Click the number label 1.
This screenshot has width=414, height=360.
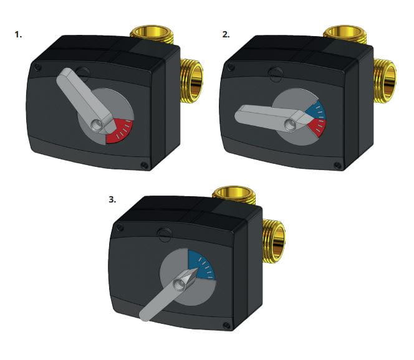click(x=18, y=34)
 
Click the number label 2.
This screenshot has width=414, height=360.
click(x=226, y=34)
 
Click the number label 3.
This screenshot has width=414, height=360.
click(x=112, y=200)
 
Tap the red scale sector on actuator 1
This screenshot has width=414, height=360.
click(x=122, y=130)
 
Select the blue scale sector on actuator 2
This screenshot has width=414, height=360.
click(x=317, y=111)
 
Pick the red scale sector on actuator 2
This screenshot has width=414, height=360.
click(x=317, y=127)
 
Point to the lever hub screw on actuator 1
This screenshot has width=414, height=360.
click(x=95, y=126)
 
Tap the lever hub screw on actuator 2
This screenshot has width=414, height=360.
click(x=290, y=123)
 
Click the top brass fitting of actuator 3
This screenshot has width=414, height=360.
click(x=234, y=195)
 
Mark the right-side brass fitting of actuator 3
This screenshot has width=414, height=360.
click(x=274, y=240)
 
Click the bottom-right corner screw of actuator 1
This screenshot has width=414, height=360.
click(x=144, y=165)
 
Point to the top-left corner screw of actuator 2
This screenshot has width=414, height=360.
click(x=231, y=67)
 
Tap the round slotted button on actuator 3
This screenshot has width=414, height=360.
click(x=164, y=234)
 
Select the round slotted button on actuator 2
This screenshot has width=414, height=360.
click(x=276, y=73)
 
